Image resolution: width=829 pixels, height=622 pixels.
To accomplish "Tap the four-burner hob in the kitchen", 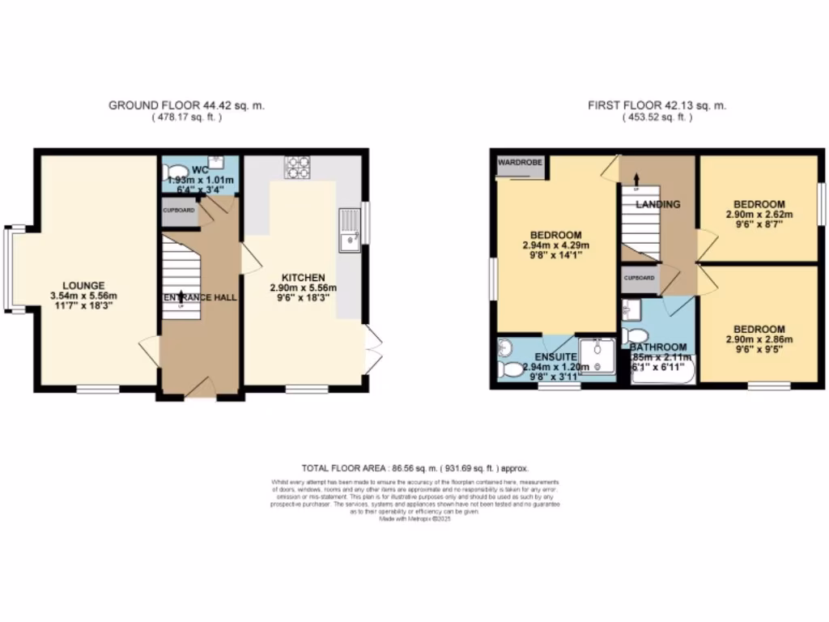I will (x=296, y=167).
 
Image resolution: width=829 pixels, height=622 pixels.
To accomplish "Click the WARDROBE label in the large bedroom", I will (x=520, y=162).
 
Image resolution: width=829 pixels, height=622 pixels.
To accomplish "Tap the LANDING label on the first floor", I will (x=657, y=204).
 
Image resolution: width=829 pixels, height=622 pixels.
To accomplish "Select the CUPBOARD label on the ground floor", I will (x=179, y=210).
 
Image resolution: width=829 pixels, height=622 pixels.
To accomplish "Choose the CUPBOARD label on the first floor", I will (x=640, y=277).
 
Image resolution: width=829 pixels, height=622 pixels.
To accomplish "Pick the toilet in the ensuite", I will (x=512, y=370).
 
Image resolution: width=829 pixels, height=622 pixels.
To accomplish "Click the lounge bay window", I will (x=8, y=268).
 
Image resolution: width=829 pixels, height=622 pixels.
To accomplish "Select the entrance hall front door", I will (x=199, y=391).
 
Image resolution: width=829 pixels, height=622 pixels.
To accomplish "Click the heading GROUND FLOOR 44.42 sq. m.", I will (x=186, y=105).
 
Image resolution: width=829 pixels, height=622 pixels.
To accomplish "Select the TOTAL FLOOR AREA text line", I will (x=414, y=468).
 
